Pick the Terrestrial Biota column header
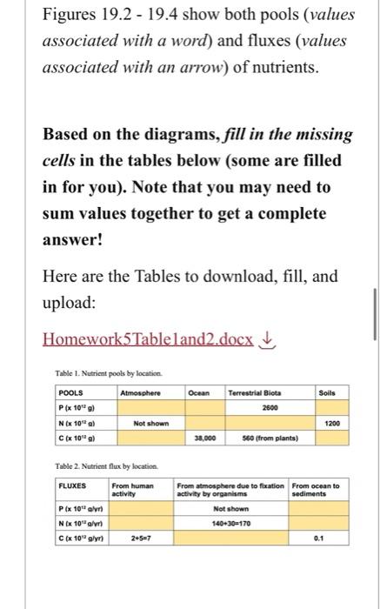[x=256, y=392]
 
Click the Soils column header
[x=327, y=392]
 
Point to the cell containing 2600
[x=256, y=406]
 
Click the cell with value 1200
[x=327, y=423]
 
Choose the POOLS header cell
[x=73, y=392]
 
